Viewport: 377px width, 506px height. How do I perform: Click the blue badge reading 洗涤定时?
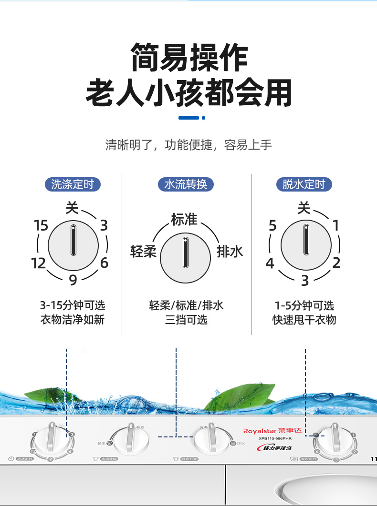[x=73, y=184]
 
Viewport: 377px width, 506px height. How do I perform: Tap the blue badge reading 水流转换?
[x=186, y=184]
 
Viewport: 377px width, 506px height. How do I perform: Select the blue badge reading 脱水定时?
[x=304, y=184]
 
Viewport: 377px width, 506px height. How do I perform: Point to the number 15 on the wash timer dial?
[x=41, y=225]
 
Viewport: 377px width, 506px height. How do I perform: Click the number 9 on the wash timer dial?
[x=73, y=280]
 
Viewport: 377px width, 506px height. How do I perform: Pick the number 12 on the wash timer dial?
[x=39, y=263]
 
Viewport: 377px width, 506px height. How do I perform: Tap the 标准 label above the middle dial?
[x=184, y=219]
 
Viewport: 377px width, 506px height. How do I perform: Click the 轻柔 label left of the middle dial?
[x=143, y=252]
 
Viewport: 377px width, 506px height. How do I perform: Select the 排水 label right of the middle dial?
[x=230, y=252]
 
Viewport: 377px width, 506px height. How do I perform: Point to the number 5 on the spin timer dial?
[x=272, y=225]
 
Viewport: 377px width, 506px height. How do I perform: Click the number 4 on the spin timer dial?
[x=270, y=263]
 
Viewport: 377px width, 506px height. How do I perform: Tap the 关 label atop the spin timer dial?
[x=304, y=208]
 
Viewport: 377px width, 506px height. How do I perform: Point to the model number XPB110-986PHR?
[x=275, y=439]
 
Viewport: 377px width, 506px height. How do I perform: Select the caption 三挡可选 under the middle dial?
[x=186, y=319]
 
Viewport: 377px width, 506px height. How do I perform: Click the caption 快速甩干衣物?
[x=304, y=319]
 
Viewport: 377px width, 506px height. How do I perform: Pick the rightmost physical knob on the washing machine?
[x=334, y=439]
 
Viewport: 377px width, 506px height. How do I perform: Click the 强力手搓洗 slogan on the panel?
[x=277, y=448]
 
